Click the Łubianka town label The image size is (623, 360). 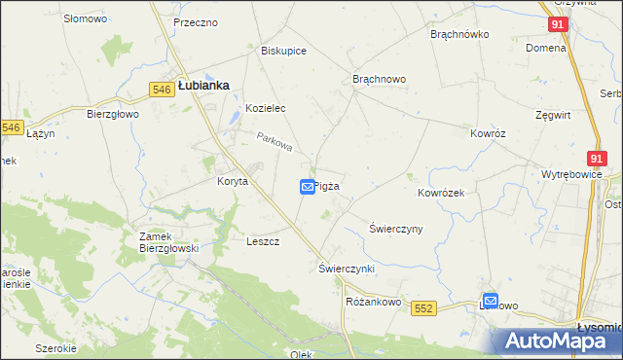point(203,86)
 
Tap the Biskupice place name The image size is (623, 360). point(284,51)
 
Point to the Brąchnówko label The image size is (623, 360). point(459,34)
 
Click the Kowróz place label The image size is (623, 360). point(489,133)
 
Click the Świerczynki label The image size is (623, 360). point(347,267)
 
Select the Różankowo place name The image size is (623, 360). point(374,303)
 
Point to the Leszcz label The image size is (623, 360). point(264,241)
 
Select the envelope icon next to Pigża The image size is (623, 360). point(307,186)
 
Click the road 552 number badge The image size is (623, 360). point(421,308)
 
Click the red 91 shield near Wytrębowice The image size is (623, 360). point(598,158)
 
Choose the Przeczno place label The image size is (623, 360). point(195,22)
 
